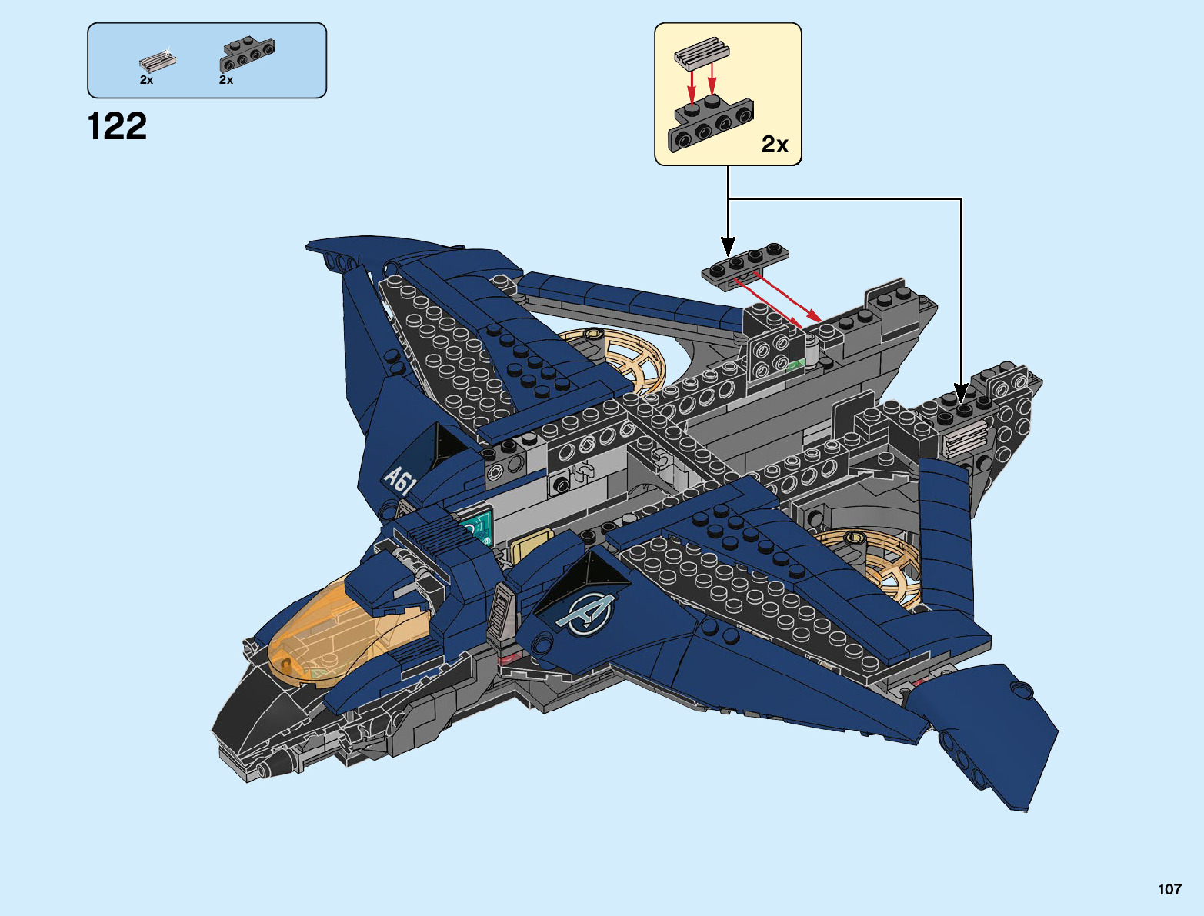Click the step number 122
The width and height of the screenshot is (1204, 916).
point(117,127)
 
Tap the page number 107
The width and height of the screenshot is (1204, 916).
point(1169,889)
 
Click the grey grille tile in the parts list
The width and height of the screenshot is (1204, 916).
point(158,60)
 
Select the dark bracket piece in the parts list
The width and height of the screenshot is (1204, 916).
point(248,53)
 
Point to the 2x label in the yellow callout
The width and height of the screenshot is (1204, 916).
point(775,144)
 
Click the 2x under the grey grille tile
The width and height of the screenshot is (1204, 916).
point(146,80)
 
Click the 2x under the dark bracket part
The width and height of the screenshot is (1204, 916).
point(226,80)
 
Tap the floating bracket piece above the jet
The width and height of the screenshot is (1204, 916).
point(745,265)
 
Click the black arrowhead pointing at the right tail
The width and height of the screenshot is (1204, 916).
point(961,393)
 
